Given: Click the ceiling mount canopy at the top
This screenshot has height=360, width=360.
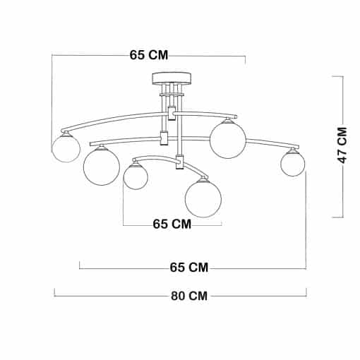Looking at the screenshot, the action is (x=172, y=78).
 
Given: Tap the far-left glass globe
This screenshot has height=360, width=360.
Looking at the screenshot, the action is (x=66, y=148).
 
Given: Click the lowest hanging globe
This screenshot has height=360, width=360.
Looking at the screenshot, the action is (x=203, y=199).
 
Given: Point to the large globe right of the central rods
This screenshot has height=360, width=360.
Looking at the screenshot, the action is (x=228, y=140).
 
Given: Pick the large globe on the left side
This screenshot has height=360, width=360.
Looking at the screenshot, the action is (x=102, y=167).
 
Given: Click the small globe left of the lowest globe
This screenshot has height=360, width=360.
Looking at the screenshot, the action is (x=136, y=177).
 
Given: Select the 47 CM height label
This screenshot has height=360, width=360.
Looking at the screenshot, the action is (x=342, y=145).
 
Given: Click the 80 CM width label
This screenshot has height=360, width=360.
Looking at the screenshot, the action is (x=189, y=296).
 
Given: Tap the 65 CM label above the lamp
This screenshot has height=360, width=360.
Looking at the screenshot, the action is (x=149, y=55).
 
